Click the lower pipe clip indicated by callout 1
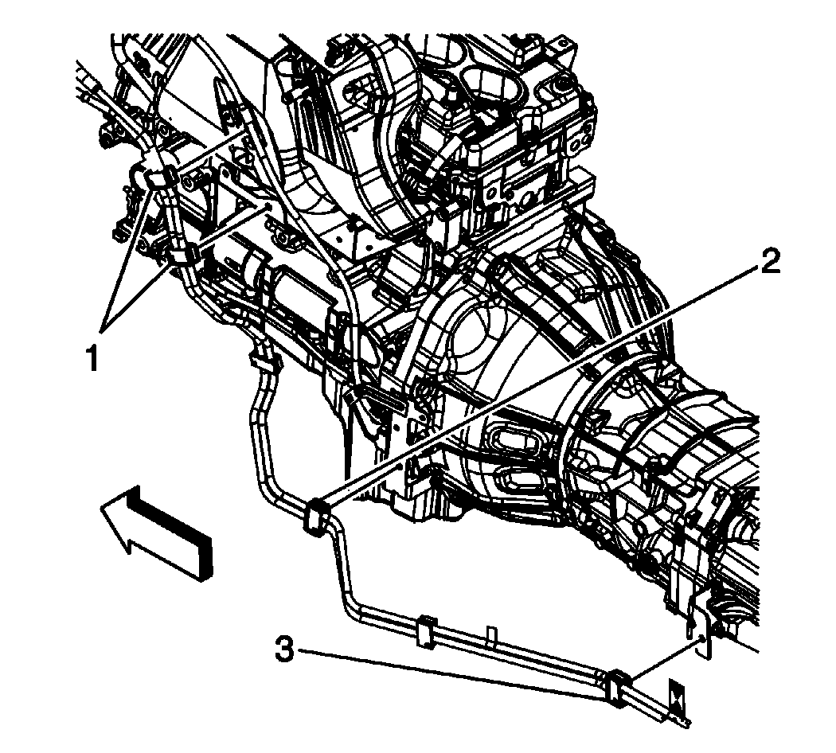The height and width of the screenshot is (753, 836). click(182, 256)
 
